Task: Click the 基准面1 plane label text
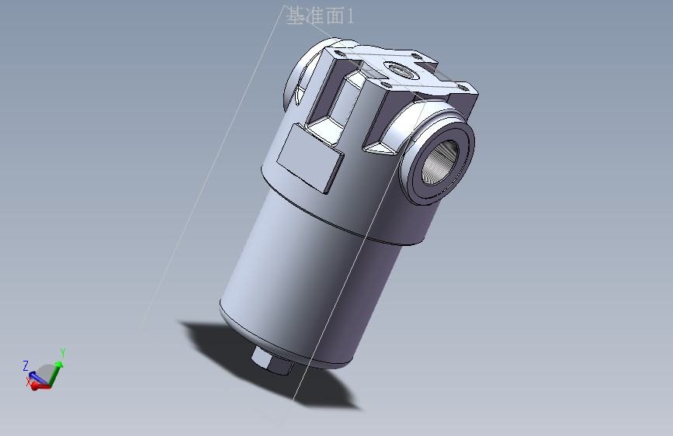pos(320,16)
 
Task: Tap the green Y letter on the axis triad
pos(62,353)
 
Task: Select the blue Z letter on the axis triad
pos(26,365)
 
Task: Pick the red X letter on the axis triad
pos(28,381)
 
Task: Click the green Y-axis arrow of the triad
pos(57,369)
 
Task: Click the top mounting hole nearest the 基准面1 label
pos(339,56)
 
